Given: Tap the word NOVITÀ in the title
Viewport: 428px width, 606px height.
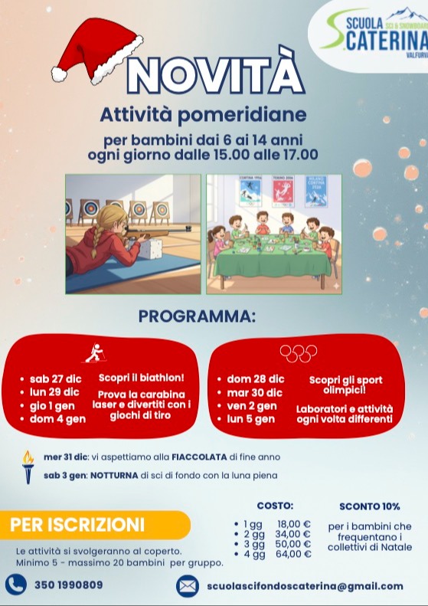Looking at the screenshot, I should click(210, 76).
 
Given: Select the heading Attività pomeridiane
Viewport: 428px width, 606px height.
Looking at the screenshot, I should click(203, 116).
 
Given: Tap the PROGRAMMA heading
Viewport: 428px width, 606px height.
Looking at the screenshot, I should click(197, 316).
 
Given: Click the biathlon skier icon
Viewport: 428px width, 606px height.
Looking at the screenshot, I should click(94, 353).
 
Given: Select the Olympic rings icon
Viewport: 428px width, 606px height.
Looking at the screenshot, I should click(299, 353).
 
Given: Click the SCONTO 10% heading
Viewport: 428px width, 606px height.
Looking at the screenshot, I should click(370, 506).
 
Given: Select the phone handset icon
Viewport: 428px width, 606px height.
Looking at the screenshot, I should click(16, 585).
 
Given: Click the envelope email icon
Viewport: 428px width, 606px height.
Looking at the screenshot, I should click(187, 586).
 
